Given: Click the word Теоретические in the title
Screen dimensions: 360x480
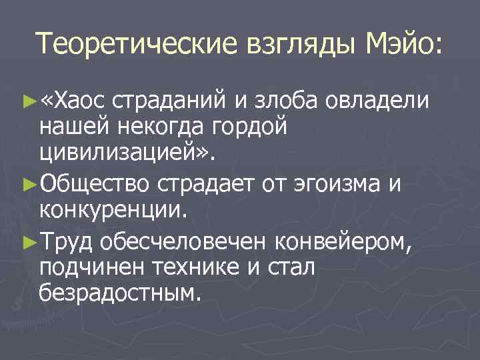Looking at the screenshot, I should pyautogui.click(x=130, y=45).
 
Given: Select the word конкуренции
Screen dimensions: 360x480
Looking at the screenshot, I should pyautogui.click(x=114, y=208).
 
